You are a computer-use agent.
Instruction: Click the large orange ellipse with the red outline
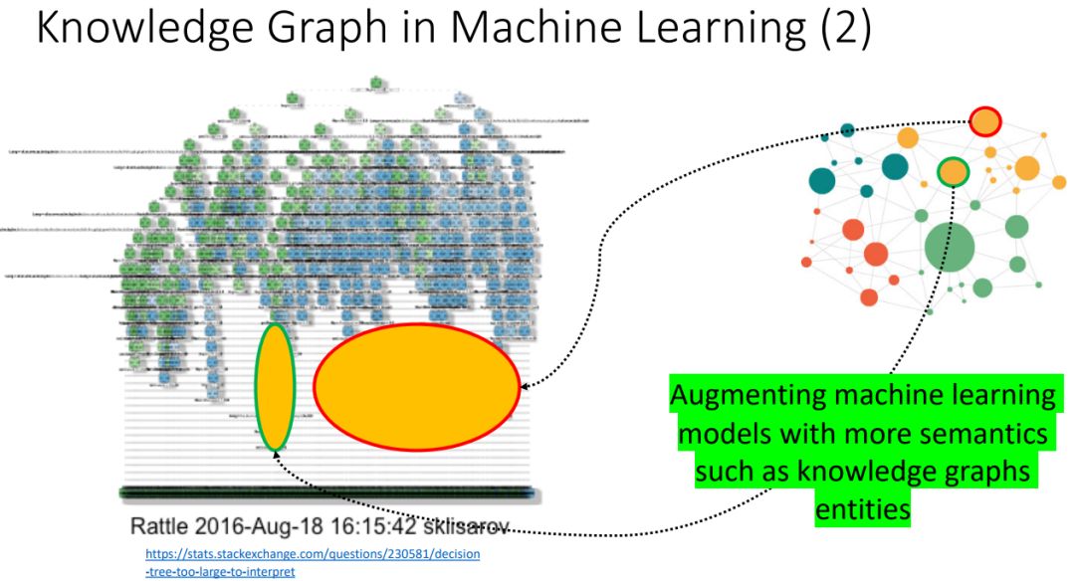click(417, 387)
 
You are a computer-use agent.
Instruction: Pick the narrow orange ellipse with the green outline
click(275, 387)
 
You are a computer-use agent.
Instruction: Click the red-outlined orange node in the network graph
click(984, 122)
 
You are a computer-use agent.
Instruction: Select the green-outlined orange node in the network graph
click(954, 172)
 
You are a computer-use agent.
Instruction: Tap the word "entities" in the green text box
click(862, 509)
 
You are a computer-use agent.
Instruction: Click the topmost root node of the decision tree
click(375, 81)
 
